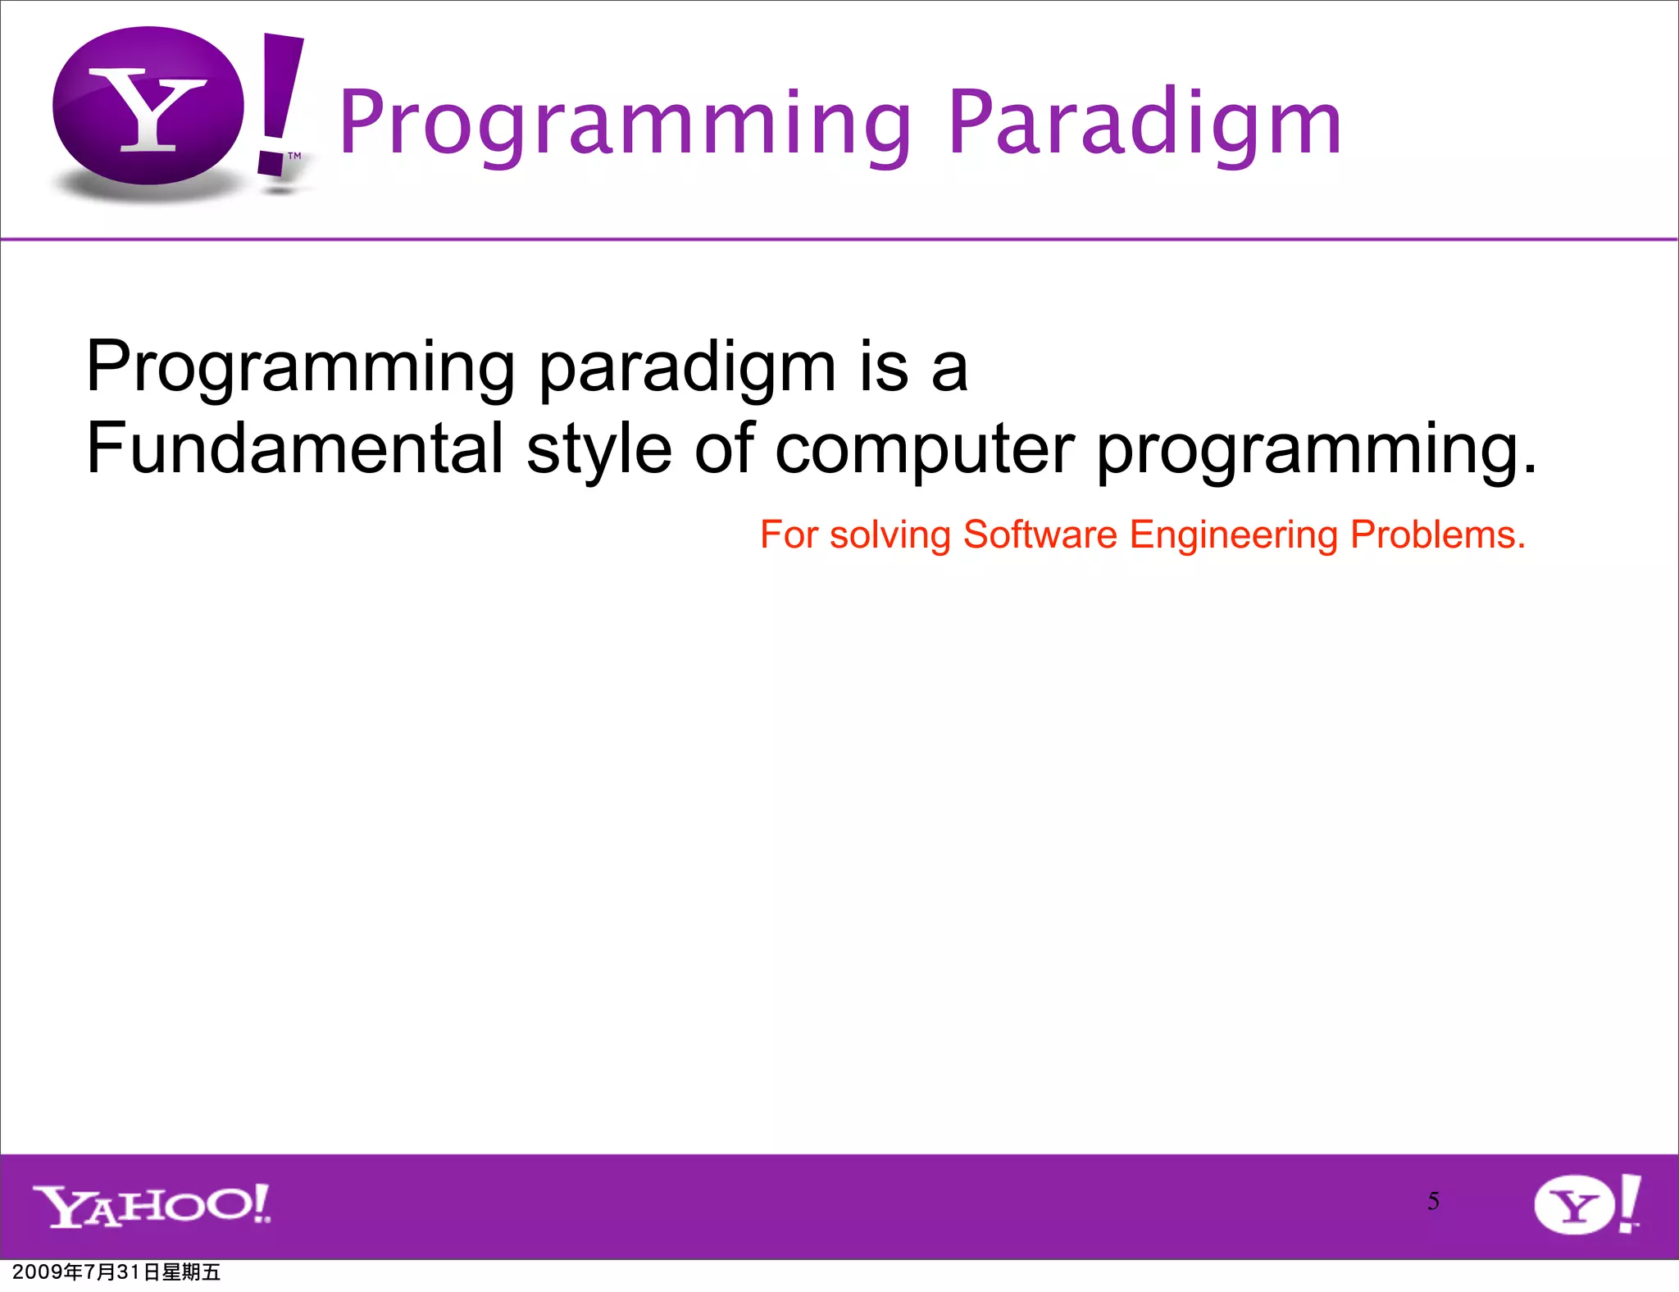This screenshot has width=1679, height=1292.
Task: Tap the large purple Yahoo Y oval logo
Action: (148, 107)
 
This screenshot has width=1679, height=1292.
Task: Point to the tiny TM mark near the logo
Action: (294, 155)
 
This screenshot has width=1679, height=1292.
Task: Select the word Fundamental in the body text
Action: (294, 448)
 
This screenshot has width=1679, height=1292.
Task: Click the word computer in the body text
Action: (924, 448)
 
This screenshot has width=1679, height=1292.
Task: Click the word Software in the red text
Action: (1040, 535)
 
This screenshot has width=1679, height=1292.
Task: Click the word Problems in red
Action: (1437, 535)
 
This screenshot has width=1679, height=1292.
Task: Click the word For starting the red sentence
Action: (789, 535)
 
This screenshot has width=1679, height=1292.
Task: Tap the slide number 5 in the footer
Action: (1433, 1201)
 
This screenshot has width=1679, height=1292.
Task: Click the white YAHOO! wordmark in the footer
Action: (152, 1206)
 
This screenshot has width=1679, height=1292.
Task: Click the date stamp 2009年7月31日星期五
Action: (116, 1272)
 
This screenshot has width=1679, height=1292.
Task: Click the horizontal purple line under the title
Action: (839, 239)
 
